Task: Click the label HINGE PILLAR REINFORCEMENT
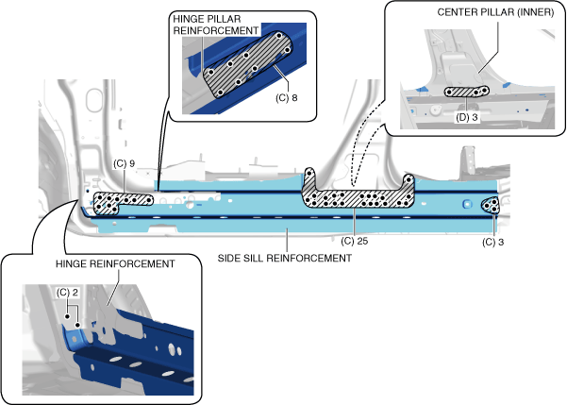point(216,25)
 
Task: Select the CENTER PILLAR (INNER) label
point(495,12)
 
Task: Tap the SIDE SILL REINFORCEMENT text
point(285,258)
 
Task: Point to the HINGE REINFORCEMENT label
point(115,263)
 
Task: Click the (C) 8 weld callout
point(287,98)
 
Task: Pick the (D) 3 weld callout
point(466,117)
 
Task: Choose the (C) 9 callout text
point(124,163)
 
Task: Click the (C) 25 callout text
point(355,241)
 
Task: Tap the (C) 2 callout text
point(67,292)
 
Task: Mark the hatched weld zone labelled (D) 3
point(467,92)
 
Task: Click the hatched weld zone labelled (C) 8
point(248,64)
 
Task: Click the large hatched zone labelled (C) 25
point(358,198)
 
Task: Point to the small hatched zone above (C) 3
point(491,205)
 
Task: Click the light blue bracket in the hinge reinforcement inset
point(75,336)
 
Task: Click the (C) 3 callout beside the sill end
point(492,242)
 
